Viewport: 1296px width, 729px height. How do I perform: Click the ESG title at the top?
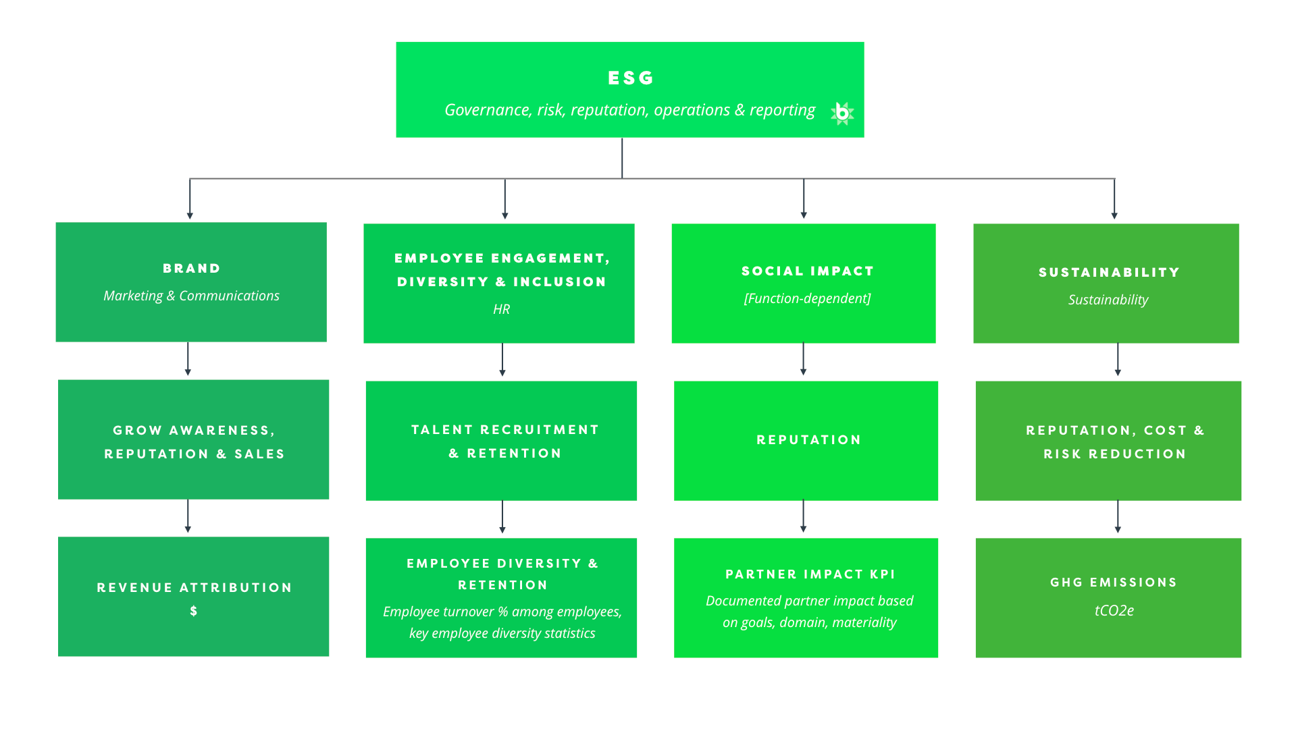click(x=631, y=78)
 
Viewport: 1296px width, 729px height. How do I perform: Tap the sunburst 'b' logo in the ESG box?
click(x=842, y=113)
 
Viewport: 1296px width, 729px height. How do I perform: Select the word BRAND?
click(x=192, y=269)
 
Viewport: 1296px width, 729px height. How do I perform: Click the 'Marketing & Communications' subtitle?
click(x=191, y=296)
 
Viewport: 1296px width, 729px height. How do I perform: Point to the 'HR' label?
click(x=501, y=309)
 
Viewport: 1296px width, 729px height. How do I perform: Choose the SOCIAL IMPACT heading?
click(x=808, y=271)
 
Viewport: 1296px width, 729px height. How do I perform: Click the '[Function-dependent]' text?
click(x=807, y=298)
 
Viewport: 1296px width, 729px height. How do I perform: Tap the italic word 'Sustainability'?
click(x=1108, y=300)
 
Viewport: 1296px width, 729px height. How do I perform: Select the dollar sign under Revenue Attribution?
click(x=194, y=611)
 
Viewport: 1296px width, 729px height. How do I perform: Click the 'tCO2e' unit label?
click(x=1114, y=610)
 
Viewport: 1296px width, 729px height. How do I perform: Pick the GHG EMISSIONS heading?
click(x=1114, y=583)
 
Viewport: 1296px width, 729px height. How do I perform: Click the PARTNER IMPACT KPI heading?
click(x=810, y=574)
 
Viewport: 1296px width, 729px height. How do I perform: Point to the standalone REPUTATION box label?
click(x=809, y=440)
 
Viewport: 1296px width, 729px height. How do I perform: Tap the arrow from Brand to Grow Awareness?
click(x=188, y=359)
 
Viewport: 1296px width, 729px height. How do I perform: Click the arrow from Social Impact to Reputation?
click(x=803, y=359)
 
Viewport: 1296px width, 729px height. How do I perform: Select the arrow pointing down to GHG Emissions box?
click(x=1118, y=516)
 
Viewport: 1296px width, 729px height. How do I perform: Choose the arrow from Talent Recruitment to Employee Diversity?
click(x=502, y=517)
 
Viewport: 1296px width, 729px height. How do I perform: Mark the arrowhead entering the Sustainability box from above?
click(x=1114, y=215)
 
